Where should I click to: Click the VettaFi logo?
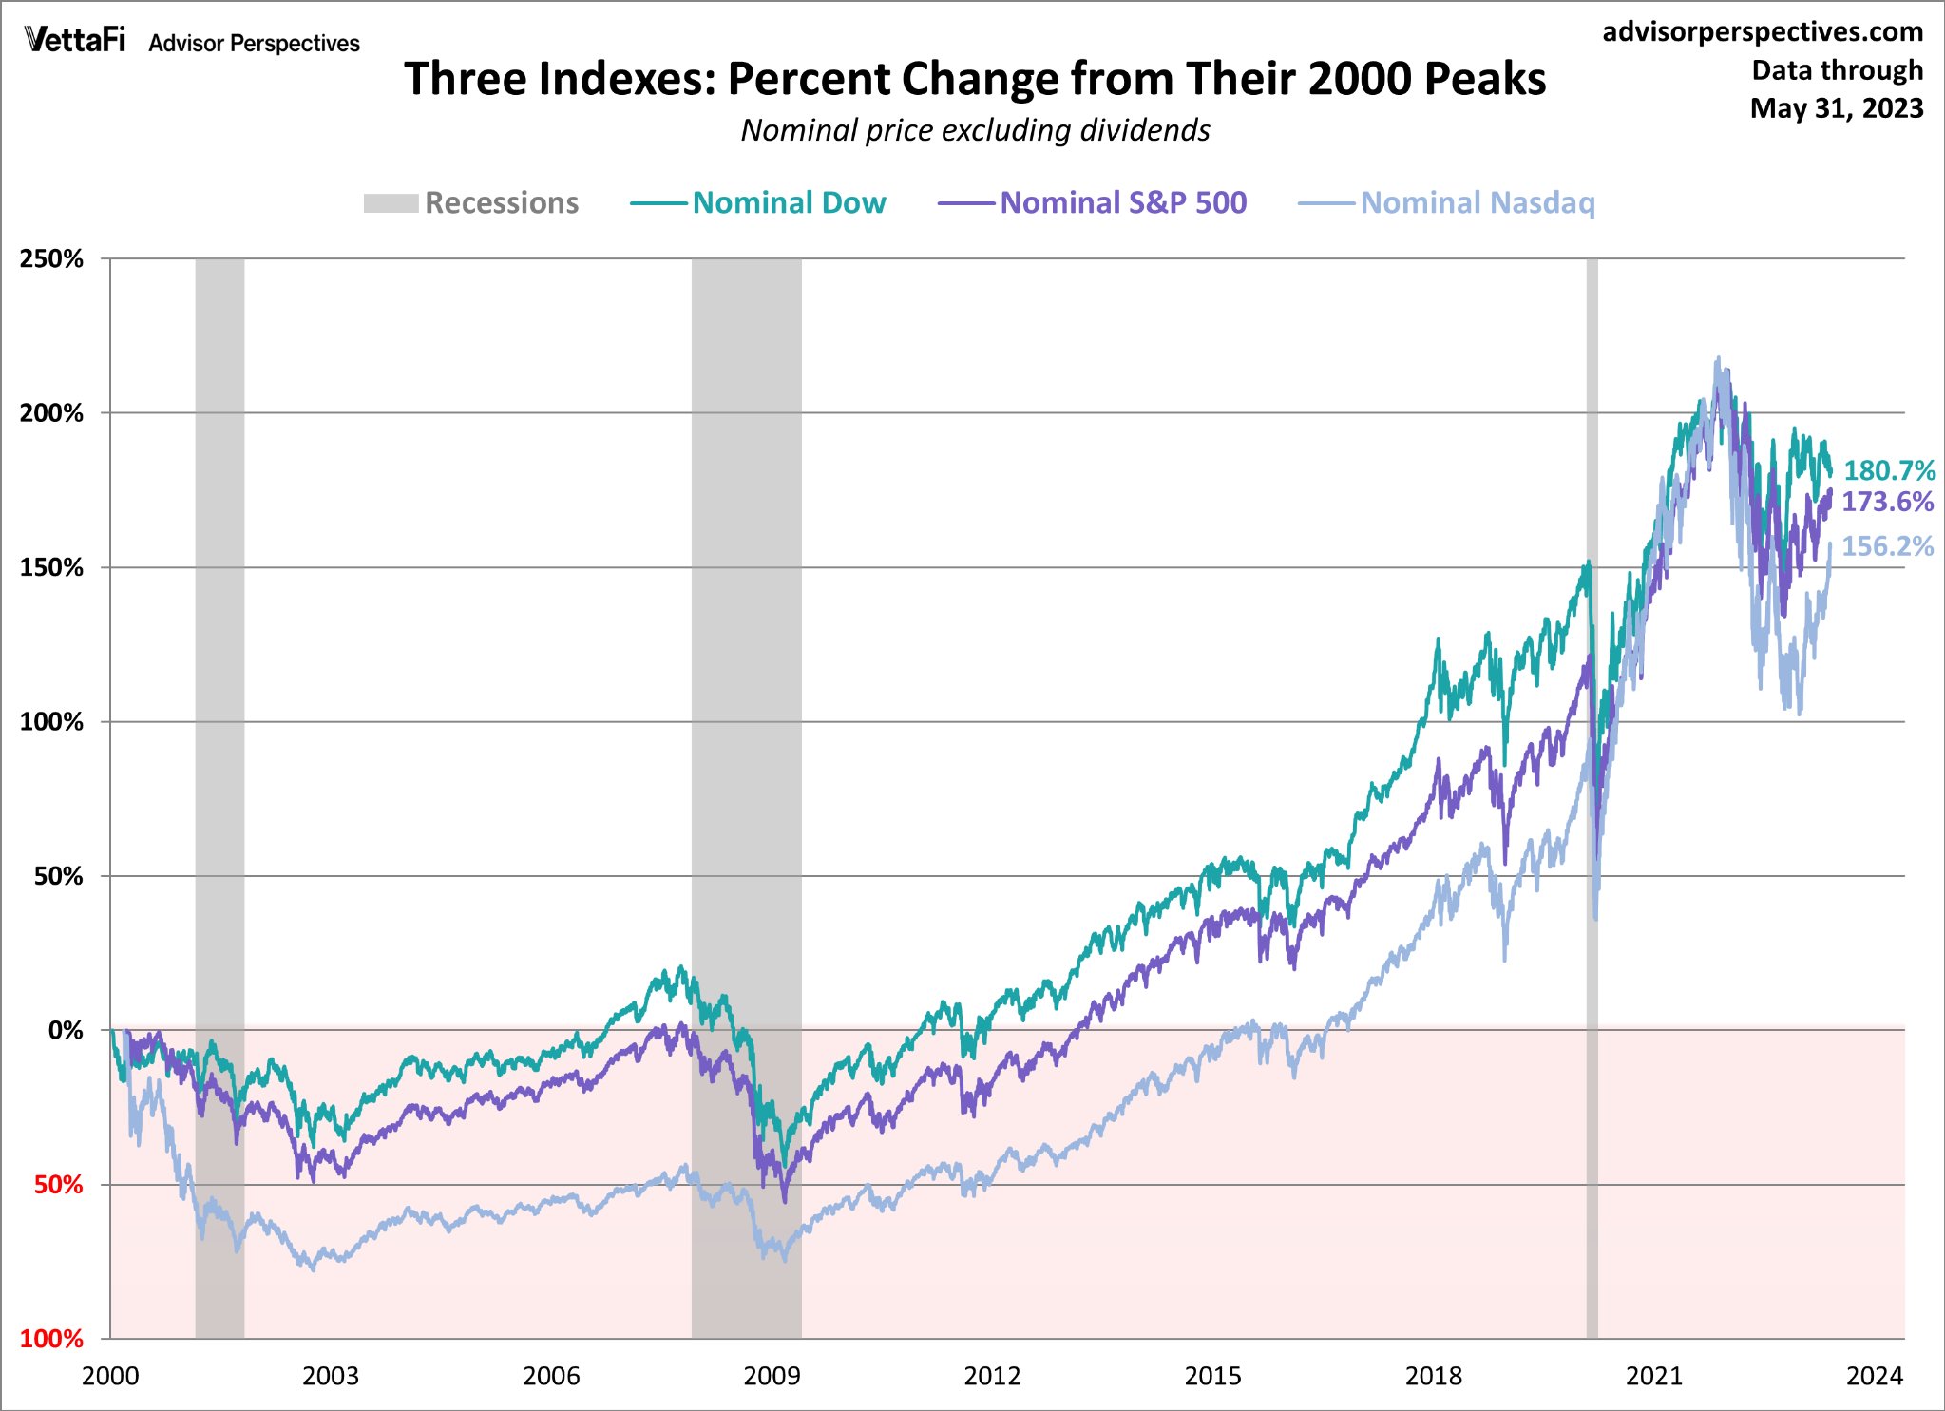click(75, 40)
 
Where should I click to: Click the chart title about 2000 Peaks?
click(975, 79)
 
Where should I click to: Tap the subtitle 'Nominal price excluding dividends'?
click(975, 130)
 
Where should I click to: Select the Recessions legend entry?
click(471, 203)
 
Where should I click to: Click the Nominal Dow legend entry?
click(758, 203)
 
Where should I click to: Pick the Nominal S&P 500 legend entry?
click(1093, 203)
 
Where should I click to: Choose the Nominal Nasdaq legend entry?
click(1447, 203)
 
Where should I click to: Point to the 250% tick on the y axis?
click(51, 259)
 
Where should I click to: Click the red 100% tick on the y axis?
click(51, 1339)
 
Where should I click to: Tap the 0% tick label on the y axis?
click(66, 1031)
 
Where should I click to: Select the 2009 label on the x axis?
click(772, 1376)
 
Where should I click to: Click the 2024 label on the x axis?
click(1874, 1376)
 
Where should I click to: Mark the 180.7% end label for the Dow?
click(1889, 470)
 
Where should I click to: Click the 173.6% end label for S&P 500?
click(1887, 502)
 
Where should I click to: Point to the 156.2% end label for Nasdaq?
click(1887, 546)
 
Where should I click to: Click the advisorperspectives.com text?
click(1763, 32)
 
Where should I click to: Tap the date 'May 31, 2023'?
click(1836, 108)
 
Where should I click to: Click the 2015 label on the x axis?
click(1212, 1376)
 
